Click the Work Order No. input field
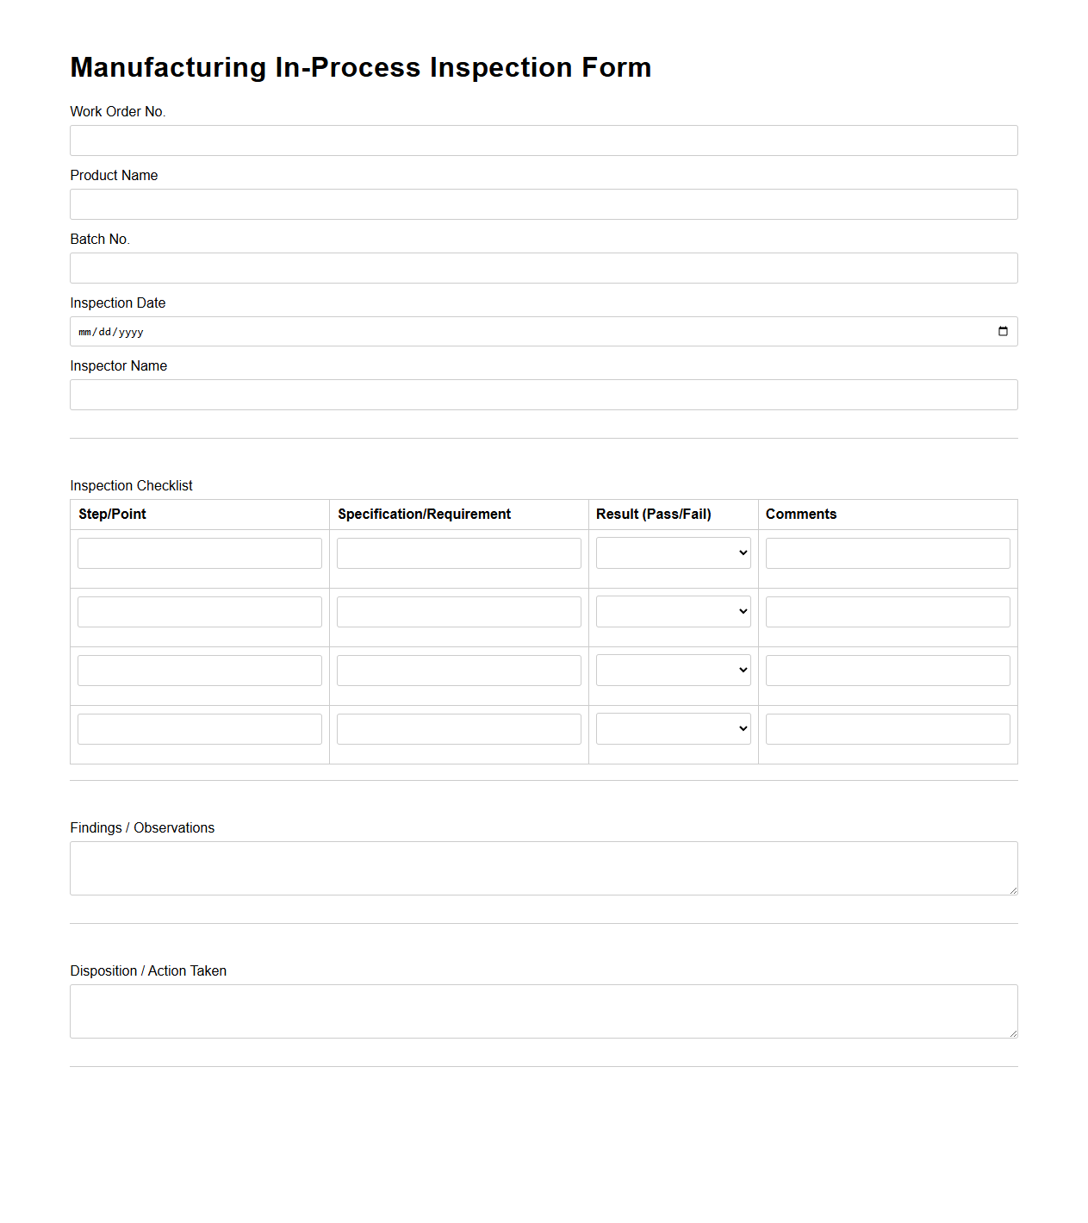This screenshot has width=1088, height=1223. (x=544, y=140)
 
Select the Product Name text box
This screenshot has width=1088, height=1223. (x=544, y=204)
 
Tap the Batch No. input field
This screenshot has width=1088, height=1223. (x=544, y=268)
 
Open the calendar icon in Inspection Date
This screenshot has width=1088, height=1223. (x=1003, y=332)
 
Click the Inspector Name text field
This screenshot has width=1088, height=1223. (x=544, y=395)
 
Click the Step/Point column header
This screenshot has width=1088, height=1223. (x=112, y=515)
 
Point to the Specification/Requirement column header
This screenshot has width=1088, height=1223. (x=424, y=515)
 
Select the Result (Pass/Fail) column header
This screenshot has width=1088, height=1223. (x=653, y=515)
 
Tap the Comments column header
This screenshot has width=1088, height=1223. (x=800, y=515)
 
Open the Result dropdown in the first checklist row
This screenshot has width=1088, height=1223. (x=673, y=553)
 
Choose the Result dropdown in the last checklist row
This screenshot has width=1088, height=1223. (x=673, y=729)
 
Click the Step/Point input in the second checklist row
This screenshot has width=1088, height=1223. (x=200, y=612)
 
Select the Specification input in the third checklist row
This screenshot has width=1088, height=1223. (x=458, y=671)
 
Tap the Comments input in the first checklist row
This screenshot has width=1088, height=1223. (x=887, y=553)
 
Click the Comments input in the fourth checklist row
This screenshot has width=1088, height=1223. (x=887, y=729)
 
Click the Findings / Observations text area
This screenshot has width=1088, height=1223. (x=544, y=868)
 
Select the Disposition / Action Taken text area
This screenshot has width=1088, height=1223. (x=544, y=1011)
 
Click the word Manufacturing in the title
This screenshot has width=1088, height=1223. (x=168, y=67)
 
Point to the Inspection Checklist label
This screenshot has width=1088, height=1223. (x=131, y=486)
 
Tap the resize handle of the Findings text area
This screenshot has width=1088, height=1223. (x=1013, y=890)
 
